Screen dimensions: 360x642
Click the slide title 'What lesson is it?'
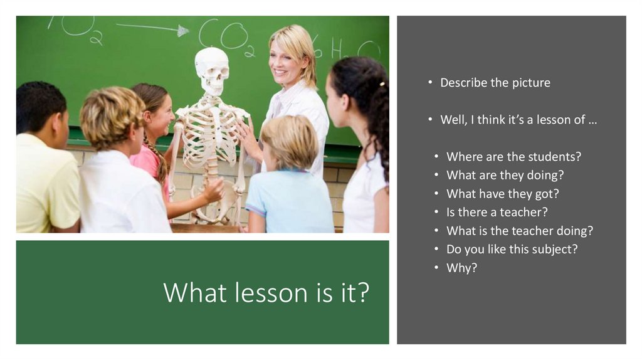tap(266, 292)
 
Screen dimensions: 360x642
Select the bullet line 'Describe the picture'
tap(495, 83)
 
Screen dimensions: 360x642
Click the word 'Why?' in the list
tap(461, 268)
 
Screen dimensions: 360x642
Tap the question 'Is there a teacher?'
tap(497, 212)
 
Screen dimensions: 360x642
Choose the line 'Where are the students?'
tap(513, 157)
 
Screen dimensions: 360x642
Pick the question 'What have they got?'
tap(502, 194)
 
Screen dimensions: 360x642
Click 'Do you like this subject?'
tap(512, 249)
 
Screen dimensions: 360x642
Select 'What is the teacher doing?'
tap(519, 231)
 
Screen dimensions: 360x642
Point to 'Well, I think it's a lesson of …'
tap(518, 120)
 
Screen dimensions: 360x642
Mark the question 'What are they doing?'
tap(505, 175)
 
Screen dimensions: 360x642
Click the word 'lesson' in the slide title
tap(260, 293)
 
